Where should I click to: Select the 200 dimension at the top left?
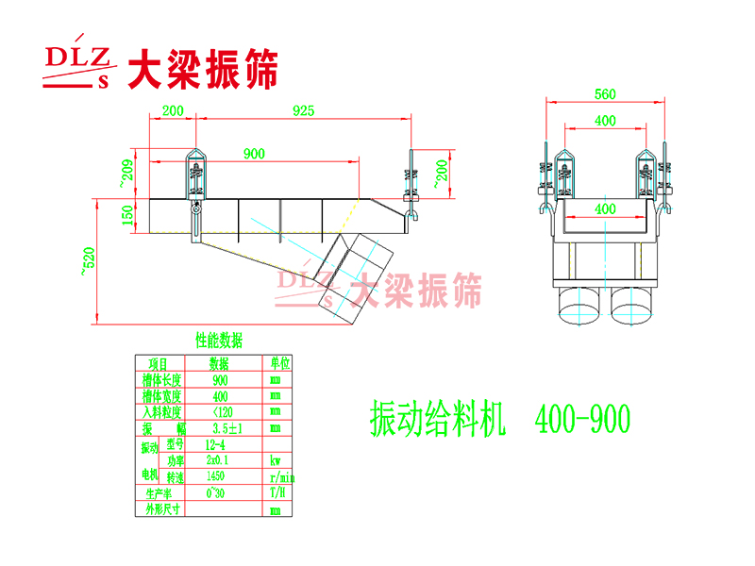coord(173,110)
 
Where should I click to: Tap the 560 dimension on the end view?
coord(605,93)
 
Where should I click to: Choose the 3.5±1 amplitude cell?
coord(218,428)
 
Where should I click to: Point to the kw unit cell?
coord(276,461)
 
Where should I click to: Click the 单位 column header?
coord(278,363)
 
